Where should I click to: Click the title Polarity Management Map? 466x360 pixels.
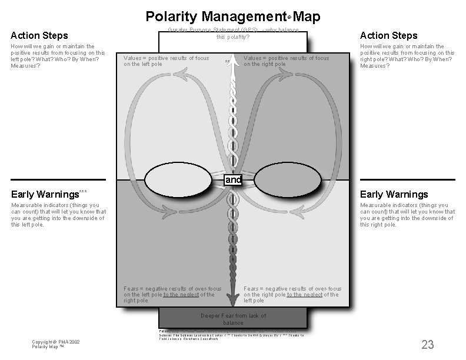(232, 16)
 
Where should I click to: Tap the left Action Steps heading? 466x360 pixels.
(39, 36)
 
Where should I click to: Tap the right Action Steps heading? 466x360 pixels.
(388, 36)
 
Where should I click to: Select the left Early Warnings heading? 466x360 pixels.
(45, 194)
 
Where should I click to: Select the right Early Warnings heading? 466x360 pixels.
(394, 194)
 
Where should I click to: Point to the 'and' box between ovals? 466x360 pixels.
(234, 180)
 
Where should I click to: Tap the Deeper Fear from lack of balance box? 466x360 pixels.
(233, 319)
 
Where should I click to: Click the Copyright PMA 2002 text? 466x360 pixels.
(56, 344)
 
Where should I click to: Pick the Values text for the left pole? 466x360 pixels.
(167, 61)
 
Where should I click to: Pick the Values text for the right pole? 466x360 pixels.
(286, 61)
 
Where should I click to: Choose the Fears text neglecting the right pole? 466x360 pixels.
(172, 295)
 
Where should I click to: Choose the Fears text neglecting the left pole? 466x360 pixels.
(292, 295)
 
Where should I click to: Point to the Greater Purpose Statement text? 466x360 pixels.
(233, 34)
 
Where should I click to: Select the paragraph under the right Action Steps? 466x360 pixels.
(407, 56)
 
